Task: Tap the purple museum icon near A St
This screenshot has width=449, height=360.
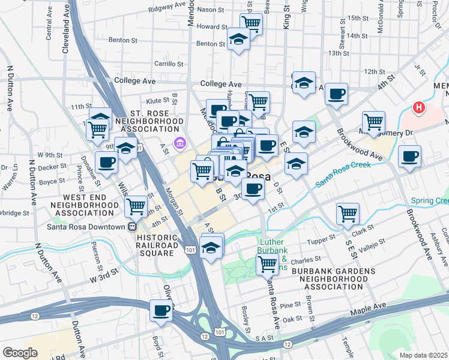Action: [178, 143]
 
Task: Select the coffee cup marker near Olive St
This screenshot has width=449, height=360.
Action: [161, 311]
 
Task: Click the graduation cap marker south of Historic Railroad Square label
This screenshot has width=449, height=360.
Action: [211, 247]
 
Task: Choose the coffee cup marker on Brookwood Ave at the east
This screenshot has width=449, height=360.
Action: [409, 157]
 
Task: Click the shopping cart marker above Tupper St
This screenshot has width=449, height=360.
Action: [348, 214]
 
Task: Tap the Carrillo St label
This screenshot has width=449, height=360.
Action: [168, 63]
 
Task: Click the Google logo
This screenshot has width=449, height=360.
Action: [20, 353]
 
